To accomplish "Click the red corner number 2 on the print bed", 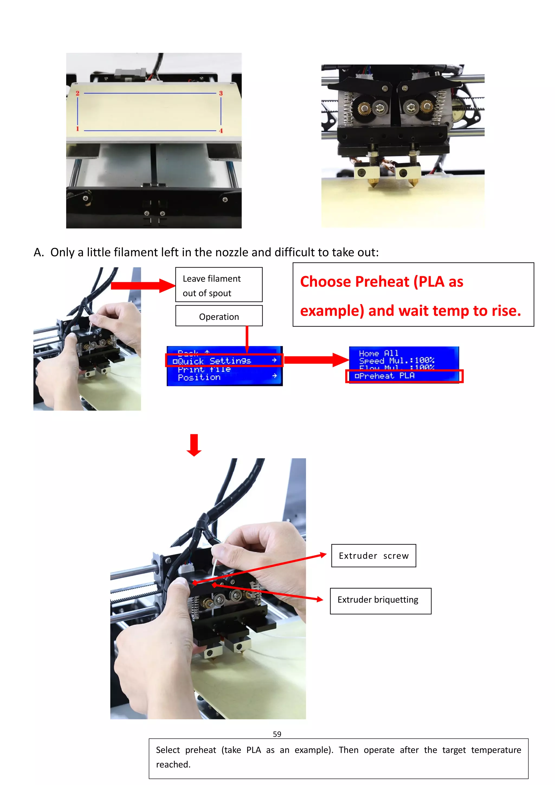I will tap(78, 93).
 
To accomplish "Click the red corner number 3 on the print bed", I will tap(221, 93).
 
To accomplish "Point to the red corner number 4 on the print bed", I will tap(221, 131).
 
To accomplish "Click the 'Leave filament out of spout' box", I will tap(219, 285).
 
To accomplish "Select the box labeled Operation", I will tap(219, 316).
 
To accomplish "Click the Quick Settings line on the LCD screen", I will tap(224, 361).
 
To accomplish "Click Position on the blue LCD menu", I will tap(199, 378).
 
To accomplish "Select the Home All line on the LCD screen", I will tap(378, 353).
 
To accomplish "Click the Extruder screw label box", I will tap(373, 556).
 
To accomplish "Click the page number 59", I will tap(277, 734).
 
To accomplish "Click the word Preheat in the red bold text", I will tap(382, 282).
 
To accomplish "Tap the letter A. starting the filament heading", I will tap(39, 252).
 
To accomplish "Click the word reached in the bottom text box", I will tap(173, 764).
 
